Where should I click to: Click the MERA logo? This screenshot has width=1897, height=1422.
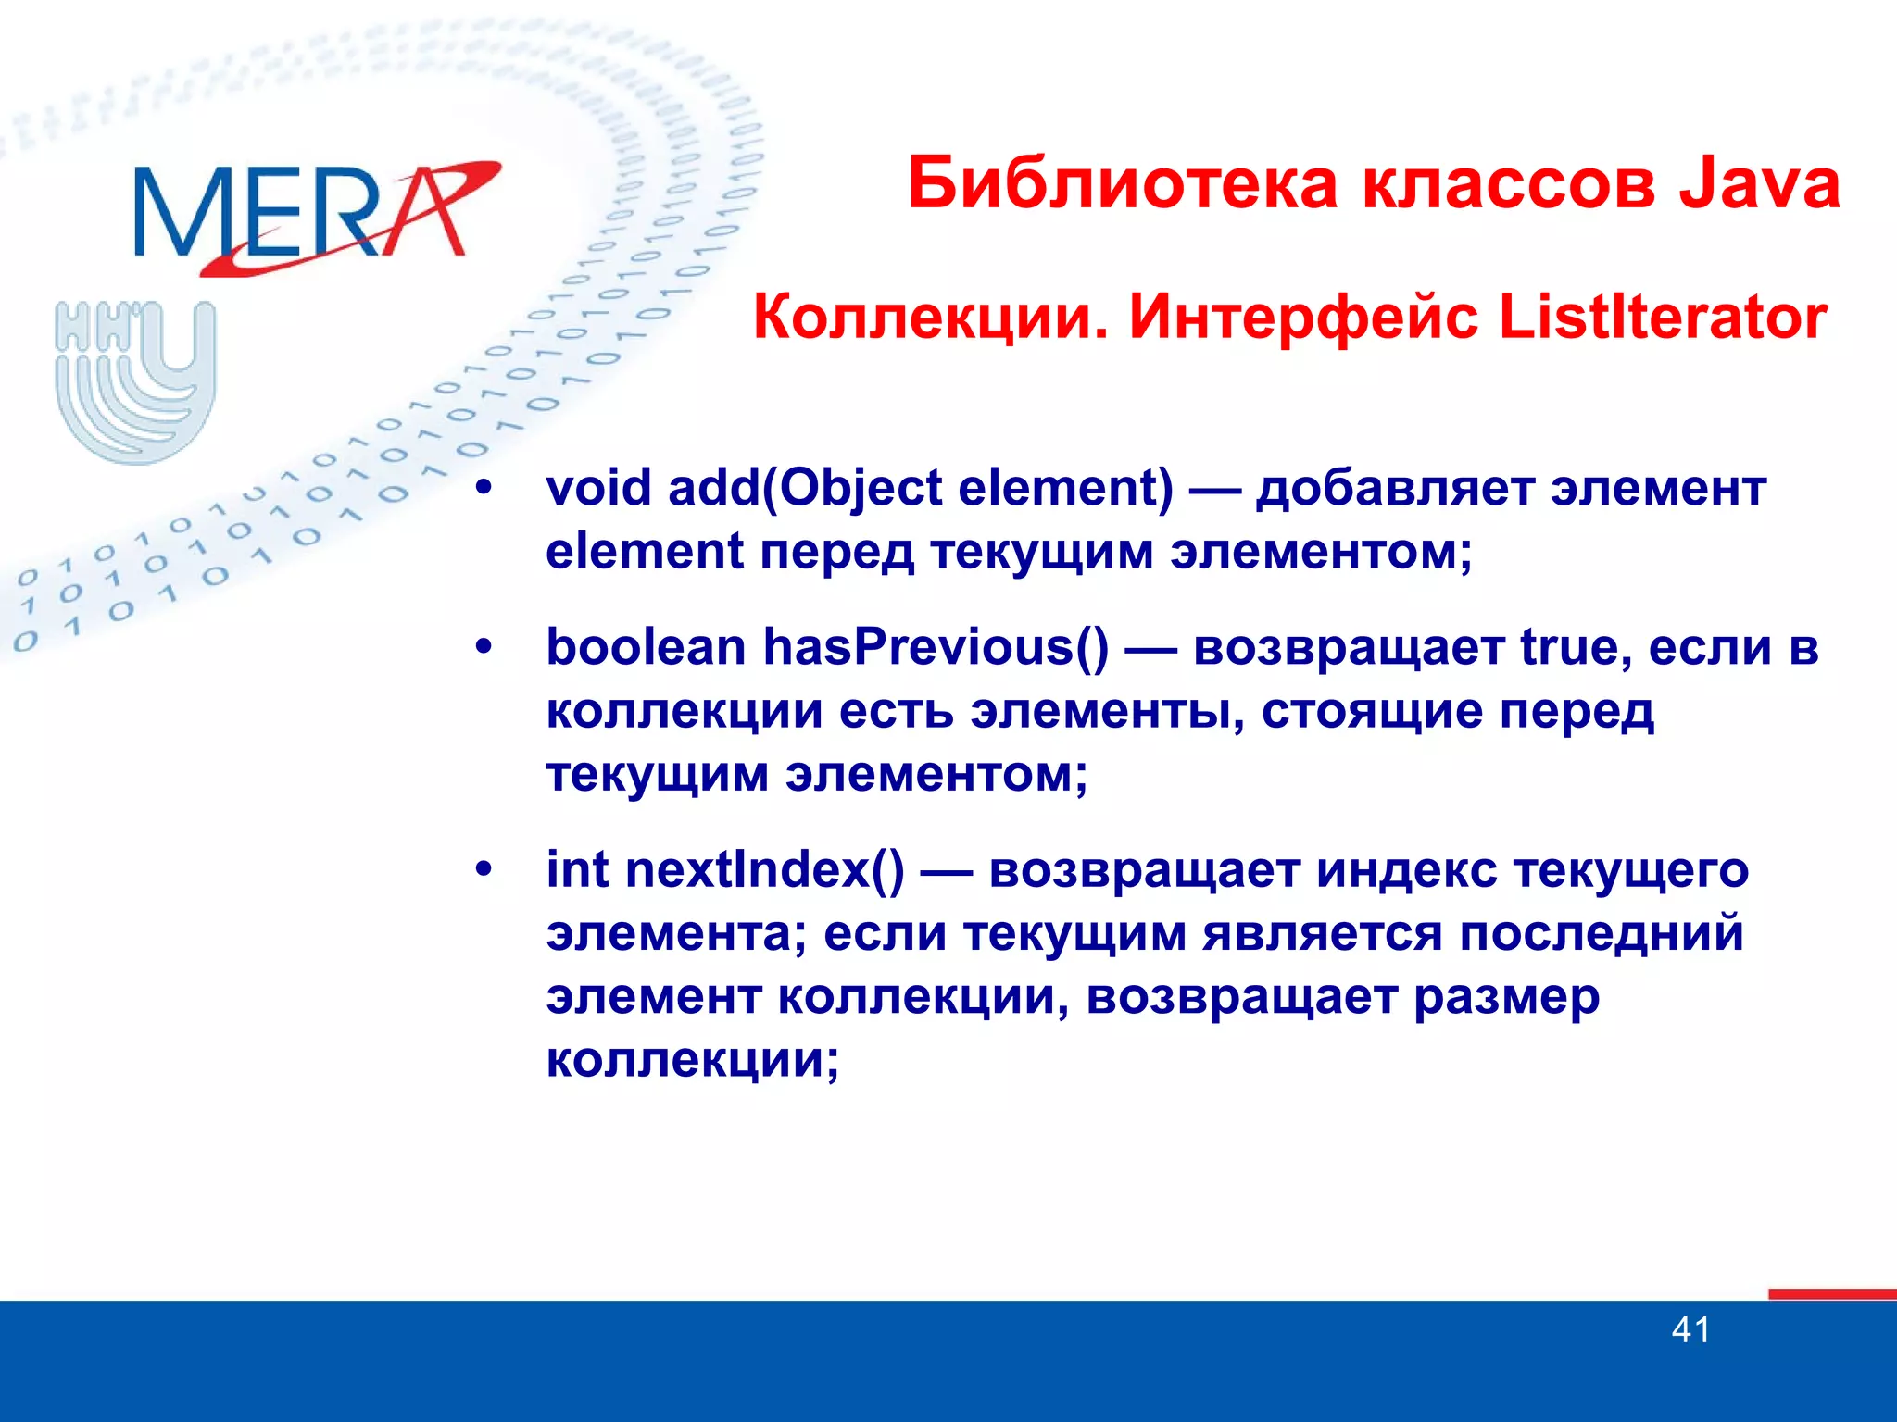(x=306, y=215)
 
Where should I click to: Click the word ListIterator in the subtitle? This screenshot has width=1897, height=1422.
(x=1662, y=318)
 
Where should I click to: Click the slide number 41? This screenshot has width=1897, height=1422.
(x=1690, y=1330)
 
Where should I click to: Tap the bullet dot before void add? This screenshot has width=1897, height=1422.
(x=484, y=488)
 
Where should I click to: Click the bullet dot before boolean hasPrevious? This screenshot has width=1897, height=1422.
(x=484, y=647)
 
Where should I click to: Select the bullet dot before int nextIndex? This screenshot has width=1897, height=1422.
(x=484, y=869)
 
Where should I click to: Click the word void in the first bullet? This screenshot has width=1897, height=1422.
(x=598, y=488)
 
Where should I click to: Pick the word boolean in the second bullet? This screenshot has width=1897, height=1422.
(x=646, y=647)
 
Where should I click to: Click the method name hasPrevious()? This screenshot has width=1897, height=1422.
(x=936, y=647)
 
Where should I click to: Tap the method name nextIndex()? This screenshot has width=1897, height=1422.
(x=765, y=869)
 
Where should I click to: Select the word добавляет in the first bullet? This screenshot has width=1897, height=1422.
(x=1395, y=488)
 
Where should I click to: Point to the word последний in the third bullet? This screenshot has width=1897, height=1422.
(x=1602, y=933)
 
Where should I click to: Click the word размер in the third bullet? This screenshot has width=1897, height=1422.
(x=1506, y=997)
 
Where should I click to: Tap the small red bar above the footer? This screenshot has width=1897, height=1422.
(x=1831, y=1294)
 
